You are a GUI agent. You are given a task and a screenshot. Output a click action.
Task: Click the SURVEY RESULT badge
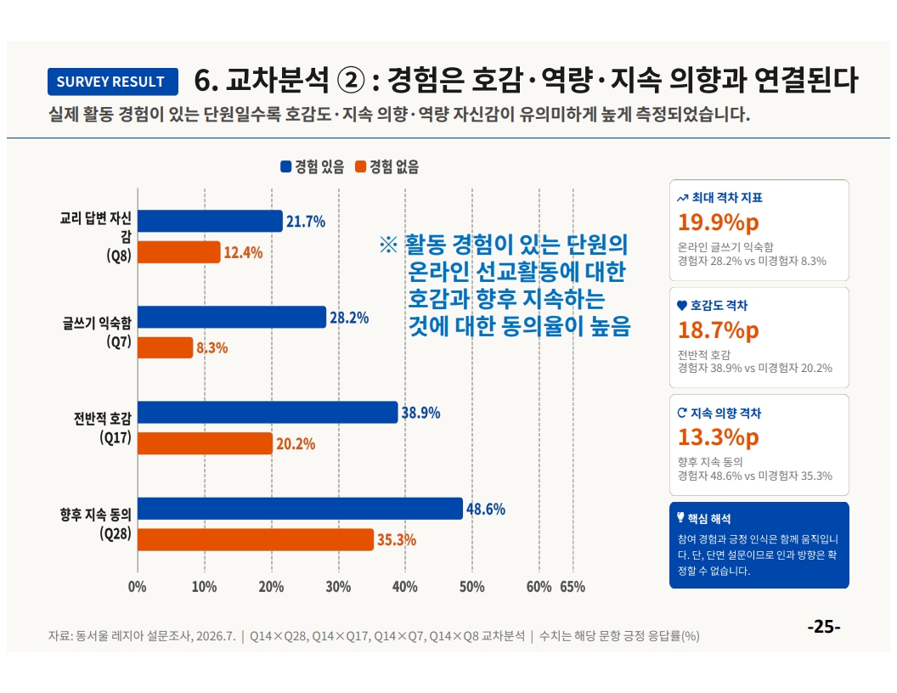[113, 82]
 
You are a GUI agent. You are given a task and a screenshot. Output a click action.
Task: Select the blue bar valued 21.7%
[210, 222]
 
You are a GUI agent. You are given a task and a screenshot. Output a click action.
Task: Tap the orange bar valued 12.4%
[179, 252]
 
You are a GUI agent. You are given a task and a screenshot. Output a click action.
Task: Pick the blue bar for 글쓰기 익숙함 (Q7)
[232, 318]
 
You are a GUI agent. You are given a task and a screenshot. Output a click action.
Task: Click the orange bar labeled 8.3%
[166, 347]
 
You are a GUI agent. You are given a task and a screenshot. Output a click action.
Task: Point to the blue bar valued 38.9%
[268, 412]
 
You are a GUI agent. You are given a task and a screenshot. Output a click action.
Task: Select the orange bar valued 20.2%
[206, 443]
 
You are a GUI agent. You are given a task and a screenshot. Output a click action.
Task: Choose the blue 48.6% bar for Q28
[301, 509]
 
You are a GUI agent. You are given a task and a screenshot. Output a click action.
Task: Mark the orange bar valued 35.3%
[256, 540]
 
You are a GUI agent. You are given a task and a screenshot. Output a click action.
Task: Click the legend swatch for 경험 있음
[286, 166]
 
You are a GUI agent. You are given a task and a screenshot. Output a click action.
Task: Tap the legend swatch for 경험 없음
[360, 166]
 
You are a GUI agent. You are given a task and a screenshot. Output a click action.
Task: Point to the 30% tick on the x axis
[338, 587]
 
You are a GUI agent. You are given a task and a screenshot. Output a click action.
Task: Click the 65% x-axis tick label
[573, 587]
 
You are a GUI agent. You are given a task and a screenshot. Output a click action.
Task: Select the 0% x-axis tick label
[138, 587]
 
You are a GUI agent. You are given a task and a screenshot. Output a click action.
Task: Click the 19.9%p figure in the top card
[719, 222]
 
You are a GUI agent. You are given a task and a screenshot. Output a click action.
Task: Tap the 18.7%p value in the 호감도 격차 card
[719, 330]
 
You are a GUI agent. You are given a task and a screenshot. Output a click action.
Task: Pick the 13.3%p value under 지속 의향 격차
[719, 437]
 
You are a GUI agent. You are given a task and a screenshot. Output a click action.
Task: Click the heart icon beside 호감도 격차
[682, 306]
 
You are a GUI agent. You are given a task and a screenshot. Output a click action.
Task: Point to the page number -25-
[824, 627]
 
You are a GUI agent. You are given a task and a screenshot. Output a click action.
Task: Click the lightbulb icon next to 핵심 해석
[680, 517]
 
